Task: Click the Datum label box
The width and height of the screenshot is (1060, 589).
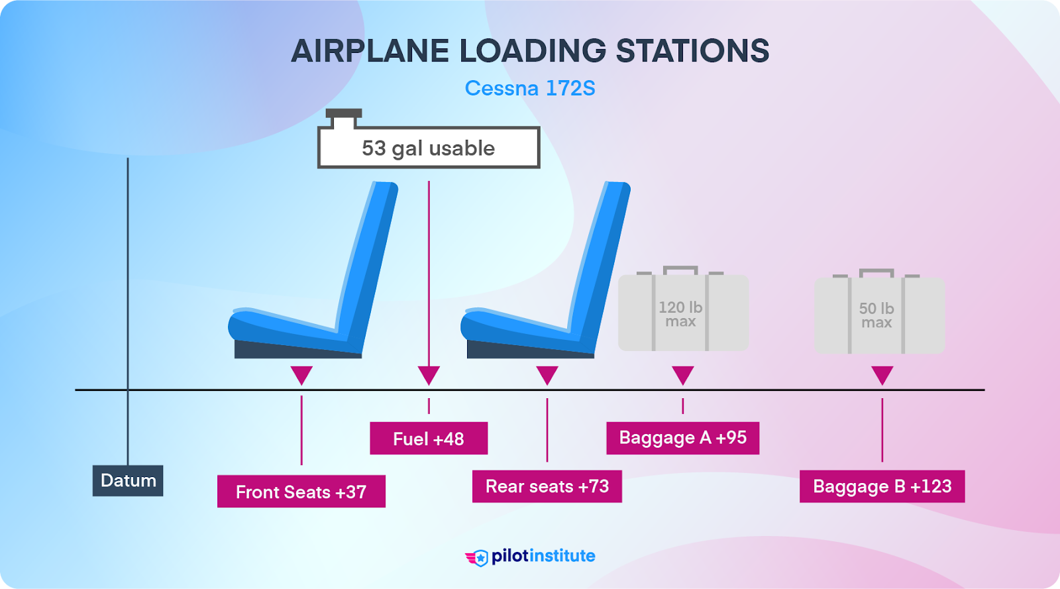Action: (128, 481)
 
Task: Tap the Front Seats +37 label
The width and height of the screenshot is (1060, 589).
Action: (301, 492)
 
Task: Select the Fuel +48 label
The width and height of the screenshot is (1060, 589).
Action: (429, 439)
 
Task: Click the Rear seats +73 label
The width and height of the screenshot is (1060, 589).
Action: (547, 486)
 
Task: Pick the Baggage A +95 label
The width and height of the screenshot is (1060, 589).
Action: (682, 438)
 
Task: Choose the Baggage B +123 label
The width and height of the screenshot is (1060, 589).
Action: (882, 486)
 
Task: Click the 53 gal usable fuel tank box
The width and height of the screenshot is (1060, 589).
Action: (429, 148)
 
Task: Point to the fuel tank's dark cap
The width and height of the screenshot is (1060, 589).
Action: (343, 113)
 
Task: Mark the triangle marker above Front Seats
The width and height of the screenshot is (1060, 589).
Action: (301, 375)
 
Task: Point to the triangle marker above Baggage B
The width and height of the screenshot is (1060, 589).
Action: (882, 375)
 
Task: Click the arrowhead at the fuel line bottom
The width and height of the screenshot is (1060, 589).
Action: (429, 375)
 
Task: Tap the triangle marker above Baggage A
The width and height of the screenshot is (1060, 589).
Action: (682, 375)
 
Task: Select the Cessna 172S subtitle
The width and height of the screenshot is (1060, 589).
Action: (530, 88)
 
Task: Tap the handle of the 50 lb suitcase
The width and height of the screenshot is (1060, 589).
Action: (876, 272)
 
